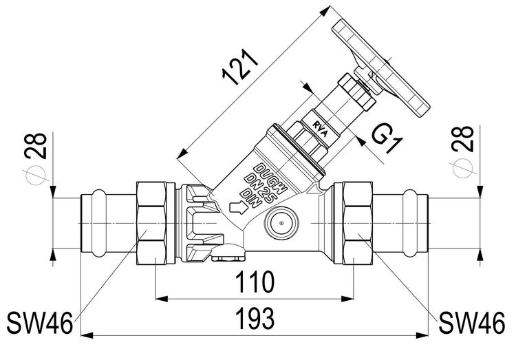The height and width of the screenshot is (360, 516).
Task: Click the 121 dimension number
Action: [239, 68]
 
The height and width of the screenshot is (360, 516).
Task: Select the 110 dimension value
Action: [255, 282]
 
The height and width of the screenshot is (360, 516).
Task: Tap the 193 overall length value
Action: [255, 319]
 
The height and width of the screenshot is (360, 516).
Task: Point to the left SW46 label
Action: [39, 323]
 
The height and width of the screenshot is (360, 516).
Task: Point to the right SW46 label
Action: [472, 323]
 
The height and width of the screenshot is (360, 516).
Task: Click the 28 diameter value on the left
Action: [36, 146]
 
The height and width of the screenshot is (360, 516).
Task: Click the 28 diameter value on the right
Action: [463, 138]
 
